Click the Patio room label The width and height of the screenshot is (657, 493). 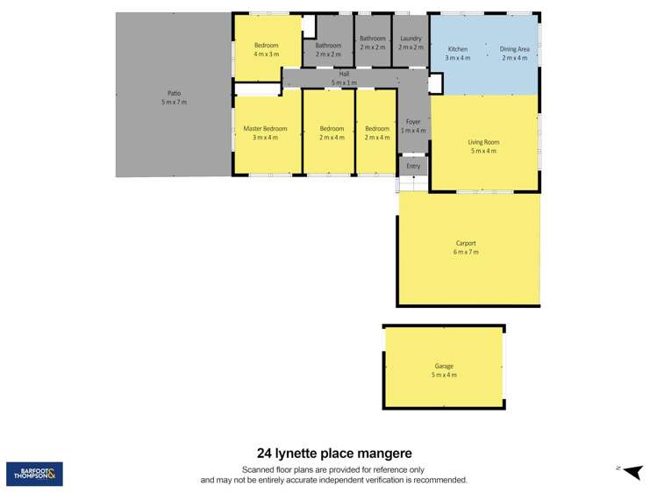point(174,93)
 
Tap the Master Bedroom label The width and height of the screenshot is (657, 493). point(265,129)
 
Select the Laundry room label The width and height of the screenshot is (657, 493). point(411,39)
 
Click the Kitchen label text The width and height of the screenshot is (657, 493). point(458,49)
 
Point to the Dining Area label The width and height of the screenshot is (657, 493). point(515,49)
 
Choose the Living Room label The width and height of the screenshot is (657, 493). point(483,142)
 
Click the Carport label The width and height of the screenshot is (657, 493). point(466,243)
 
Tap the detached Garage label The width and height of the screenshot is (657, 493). point(444,367)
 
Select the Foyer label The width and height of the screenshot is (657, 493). point(413,122)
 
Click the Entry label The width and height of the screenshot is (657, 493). point(413,166)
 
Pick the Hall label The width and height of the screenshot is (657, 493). point(344,75)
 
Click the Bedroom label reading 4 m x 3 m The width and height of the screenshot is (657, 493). point(267,45)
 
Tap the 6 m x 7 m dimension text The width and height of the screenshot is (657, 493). point(466,253)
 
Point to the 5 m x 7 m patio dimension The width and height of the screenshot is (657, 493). point(174,103)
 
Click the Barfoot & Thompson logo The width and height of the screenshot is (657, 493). point(34,474)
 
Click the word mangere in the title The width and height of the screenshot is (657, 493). point(382,454)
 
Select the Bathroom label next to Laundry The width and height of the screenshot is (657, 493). point(373,39)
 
